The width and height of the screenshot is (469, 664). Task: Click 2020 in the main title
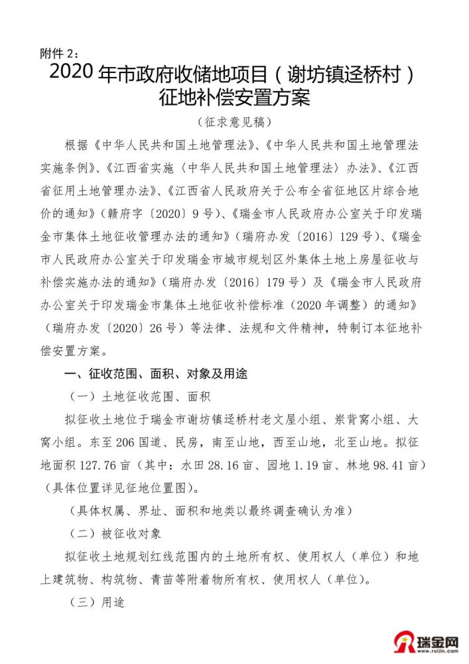72,73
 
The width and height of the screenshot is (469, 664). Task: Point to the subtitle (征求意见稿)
234,123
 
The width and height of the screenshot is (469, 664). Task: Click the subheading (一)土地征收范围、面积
140,396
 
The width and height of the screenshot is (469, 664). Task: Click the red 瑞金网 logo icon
403,643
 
